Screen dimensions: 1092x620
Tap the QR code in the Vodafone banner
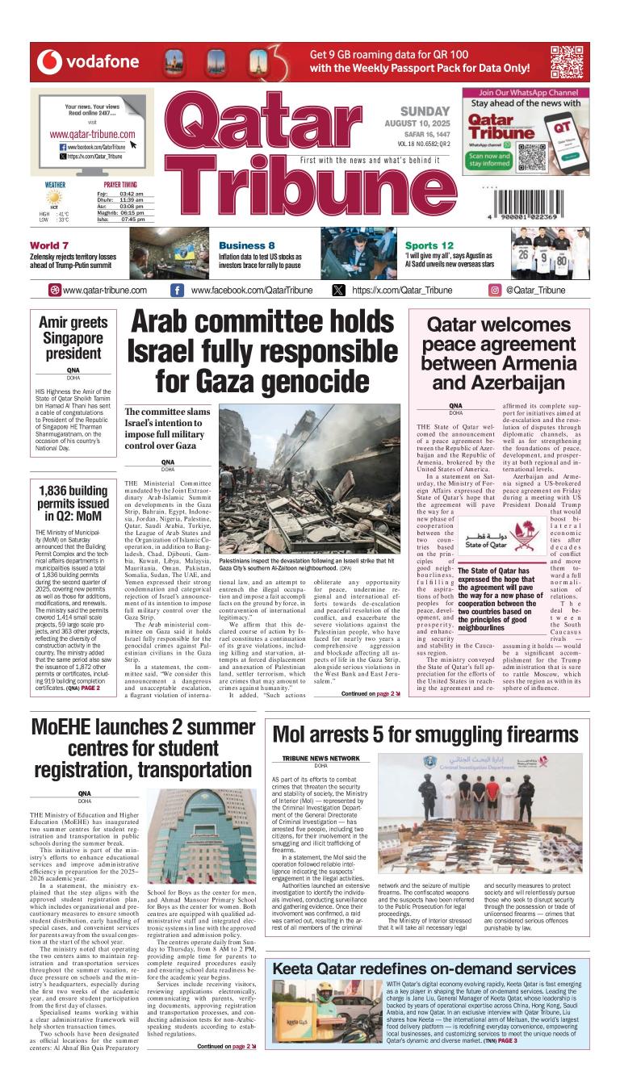(566, 61)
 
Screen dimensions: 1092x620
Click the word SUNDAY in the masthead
(425, 111)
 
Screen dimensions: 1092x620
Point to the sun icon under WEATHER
(53, 198)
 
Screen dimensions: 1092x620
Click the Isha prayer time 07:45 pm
(132, 219)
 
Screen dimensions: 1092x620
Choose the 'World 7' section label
(49, 245)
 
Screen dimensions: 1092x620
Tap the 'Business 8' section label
(246, 245)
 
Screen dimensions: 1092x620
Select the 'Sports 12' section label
(429, 245)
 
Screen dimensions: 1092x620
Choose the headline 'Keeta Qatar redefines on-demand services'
(424, 969)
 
